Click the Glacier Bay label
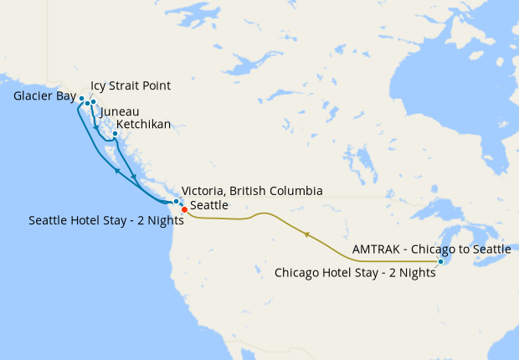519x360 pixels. click(44, 96)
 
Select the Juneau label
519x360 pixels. click(119, 111)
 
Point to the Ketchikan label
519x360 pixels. click(143, 124)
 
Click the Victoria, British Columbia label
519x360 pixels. click(251, 191)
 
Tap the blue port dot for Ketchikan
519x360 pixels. click(115, 133)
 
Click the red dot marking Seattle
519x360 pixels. click(184, 210)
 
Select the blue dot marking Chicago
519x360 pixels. click(440, 262)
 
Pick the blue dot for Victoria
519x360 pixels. click(176, 202)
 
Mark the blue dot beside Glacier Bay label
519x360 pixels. click(81, 98)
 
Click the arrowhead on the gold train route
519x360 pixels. click(308, 234)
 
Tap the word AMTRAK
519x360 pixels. click(376, 249)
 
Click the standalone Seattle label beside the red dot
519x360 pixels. click(208, 205)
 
